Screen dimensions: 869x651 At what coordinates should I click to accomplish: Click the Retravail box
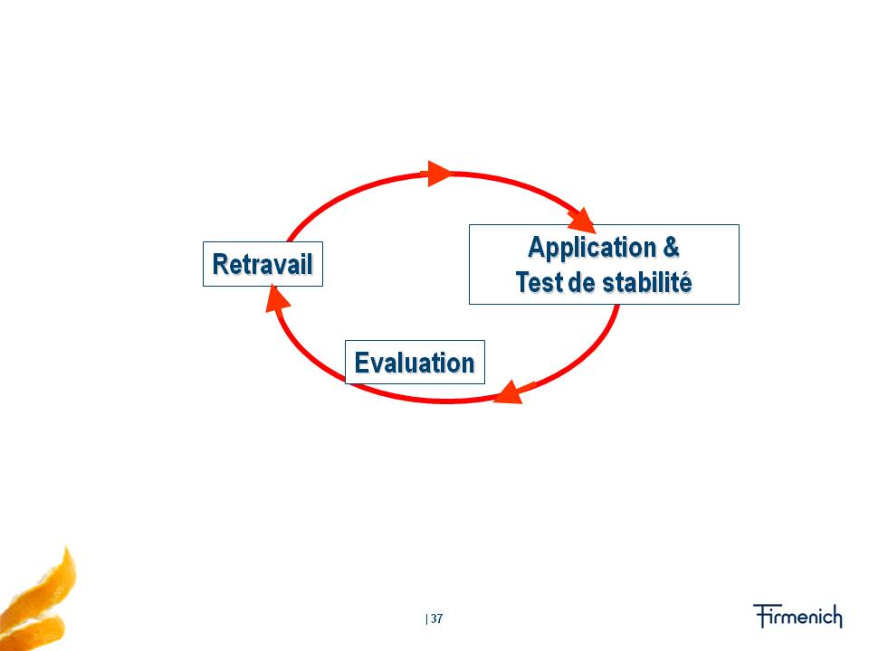(x=263, y=264)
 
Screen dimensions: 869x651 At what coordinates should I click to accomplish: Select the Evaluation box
(x=415, y=362)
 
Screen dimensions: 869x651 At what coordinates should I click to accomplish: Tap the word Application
(x=592, y=248)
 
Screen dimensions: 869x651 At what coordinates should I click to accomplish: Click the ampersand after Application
(x=671, y=247)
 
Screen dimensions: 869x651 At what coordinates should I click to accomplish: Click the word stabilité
(x=646, y=282)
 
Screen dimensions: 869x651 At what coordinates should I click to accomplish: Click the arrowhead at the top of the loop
(x=440, y=174)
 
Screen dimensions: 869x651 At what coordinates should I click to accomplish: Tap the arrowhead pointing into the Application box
(x=582, y=221)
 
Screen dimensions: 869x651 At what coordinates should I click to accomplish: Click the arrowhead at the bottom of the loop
(x=509, y=392)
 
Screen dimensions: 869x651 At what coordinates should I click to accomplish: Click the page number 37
(x=436, y=618)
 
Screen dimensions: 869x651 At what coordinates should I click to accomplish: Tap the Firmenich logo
(x=797, y=616)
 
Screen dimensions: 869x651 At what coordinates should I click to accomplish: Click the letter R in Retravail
(x=221, y=264)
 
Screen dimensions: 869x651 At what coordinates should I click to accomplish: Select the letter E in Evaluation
(x=361, y=363)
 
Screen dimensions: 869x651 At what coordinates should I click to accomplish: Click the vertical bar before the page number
(x=426, y=618)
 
